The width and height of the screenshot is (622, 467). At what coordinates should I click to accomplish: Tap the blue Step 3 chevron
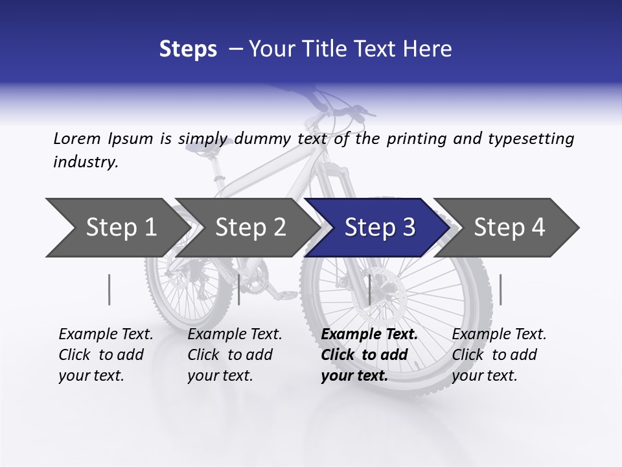(379, 227)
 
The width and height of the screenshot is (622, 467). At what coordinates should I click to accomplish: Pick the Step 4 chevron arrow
(509, 227)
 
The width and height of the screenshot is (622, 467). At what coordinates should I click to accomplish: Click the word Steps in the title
(188, 49)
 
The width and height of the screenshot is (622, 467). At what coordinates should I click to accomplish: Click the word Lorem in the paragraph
(77, 138)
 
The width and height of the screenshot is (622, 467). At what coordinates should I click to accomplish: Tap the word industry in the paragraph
(85, 162)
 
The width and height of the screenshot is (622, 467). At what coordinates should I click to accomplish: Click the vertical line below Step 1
(109, 289)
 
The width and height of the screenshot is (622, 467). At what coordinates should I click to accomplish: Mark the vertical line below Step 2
(239, 289)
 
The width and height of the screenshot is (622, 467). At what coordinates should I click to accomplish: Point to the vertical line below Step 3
(369, 289)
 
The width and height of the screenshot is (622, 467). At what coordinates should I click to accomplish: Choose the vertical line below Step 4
(500, 289)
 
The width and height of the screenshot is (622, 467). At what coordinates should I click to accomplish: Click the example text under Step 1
(106, 355)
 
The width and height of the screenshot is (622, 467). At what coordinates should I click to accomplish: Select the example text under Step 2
(235, 355)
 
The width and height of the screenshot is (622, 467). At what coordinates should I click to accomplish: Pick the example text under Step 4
(499, 355)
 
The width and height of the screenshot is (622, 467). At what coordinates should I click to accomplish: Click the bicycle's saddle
(201, 149)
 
